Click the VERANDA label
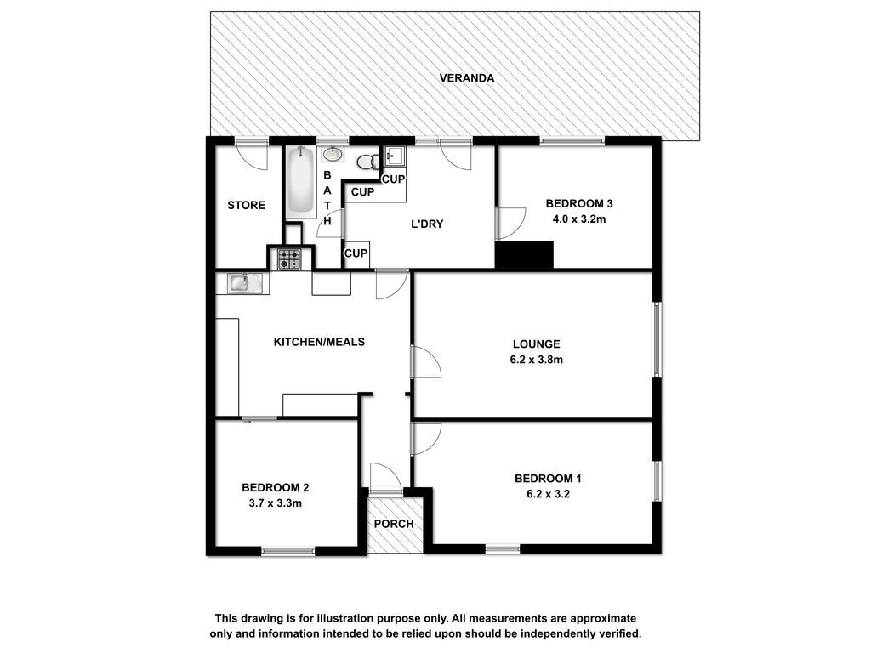[467, 77]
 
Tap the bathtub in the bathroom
[300, 182]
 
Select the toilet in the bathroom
[367, 162]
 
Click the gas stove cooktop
[289, 258]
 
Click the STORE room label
[246, 206]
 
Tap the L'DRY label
[427, 224]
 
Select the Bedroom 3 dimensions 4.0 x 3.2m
[578, 219]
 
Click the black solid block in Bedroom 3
[524, 255]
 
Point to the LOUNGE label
[536, 344]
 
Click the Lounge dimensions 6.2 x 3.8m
[536, 360]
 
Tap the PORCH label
[394, 524]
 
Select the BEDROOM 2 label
[275, 488]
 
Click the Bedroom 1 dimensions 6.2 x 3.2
[549, 494]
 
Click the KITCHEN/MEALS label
[320, 342]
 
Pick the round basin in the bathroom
[333, 154]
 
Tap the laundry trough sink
[395, 156]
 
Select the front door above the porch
[385, 479]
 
